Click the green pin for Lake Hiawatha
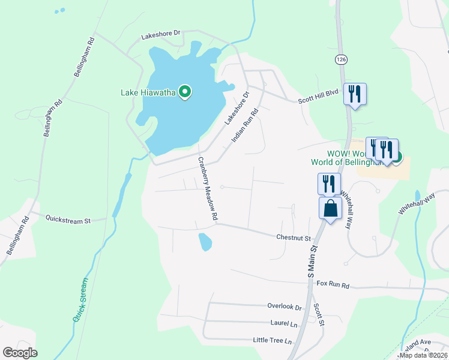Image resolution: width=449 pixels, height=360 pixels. [x=185, y=92]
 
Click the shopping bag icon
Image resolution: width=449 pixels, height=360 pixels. [x=330, y=209]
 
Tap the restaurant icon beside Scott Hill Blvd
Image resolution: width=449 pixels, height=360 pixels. [x=355, y=94]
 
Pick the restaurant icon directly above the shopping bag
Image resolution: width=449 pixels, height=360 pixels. [x=329, y=183]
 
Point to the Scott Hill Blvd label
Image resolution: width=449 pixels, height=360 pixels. [x=319, y=97]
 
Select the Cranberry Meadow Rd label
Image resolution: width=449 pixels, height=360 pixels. [x=207, y=187]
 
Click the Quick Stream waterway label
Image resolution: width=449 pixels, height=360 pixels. [x=80, y=299]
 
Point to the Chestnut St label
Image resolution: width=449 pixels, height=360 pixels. [x=292, y=238]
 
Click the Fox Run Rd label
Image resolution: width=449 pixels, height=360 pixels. [x=333, y=284]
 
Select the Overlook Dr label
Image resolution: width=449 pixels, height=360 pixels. [x=284, y=307]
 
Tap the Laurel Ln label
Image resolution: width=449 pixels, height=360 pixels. [x=284, y=323]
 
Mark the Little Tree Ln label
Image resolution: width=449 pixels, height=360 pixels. [x=272, y=341]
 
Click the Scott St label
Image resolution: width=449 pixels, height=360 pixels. [x=319, y=314]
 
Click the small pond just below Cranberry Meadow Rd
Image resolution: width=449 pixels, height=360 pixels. [x=205, y=241]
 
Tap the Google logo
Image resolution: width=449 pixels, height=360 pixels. [x=20, y=352]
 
